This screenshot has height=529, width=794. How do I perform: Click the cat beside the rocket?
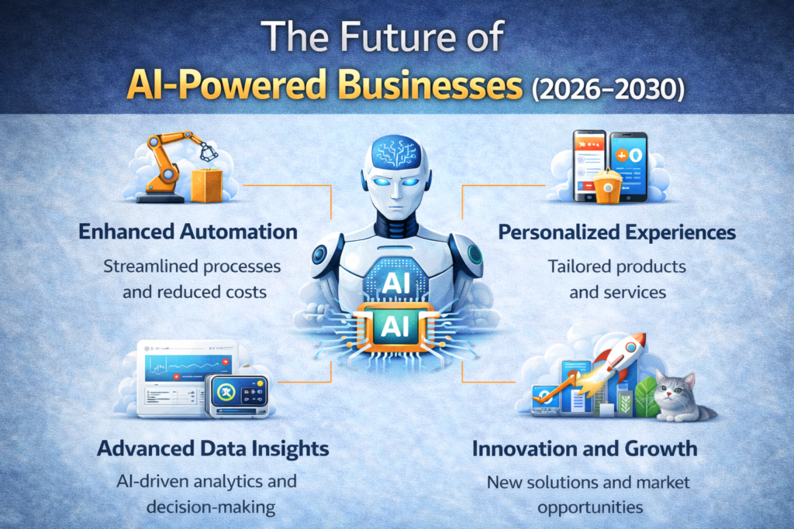point(681,397)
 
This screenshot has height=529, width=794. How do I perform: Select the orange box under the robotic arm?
point(206,185)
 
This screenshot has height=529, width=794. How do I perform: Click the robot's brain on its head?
point(396,152)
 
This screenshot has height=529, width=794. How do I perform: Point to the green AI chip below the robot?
point(395,327)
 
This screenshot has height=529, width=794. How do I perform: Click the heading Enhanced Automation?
point(188,232)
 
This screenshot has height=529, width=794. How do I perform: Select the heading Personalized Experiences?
point(616,232)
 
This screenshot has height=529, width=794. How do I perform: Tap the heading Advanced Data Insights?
point(212,448)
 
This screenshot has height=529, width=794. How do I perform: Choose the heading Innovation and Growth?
point(585,448)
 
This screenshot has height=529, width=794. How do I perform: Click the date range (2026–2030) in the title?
point(608,90)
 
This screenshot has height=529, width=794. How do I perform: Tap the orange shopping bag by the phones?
point(608,187)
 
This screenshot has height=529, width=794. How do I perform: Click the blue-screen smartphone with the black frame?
point(628,167)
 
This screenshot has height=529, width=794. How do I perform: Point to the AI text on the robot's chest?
point(396,283)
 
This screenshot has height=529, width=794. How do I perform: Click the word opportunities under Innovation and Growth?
point(590,507)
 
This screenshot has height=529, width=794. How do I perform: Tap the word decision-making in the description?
point(211,507)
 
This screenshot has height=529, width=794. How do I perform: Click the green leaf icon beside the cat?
point(646,397)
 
